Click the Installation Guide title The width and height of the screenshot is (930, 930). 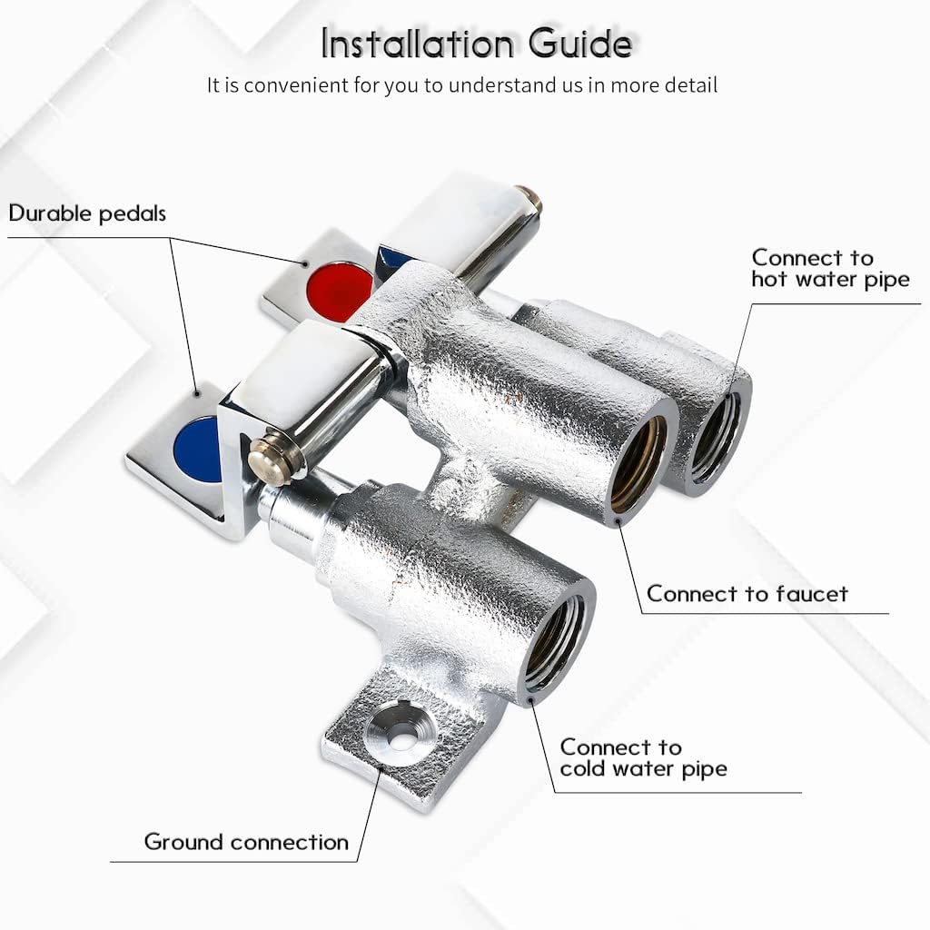tap(476, 43)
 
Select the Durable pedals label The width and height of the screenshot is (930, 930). tap(87, 213)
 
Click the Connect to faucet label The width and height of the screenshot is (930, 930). tap(747, 594)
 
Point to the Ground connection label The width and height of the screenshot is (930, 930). tap(246, 842)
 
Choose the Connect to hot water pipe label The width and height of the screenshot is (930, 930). tap(830, 269)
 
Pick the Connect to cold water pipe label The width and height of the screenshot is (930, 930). tap(643, 758)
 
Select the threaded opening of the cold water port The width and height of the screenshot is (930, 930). tap(555, 641)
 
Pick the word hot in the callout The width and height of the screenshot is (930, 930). tap(770, 280)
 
